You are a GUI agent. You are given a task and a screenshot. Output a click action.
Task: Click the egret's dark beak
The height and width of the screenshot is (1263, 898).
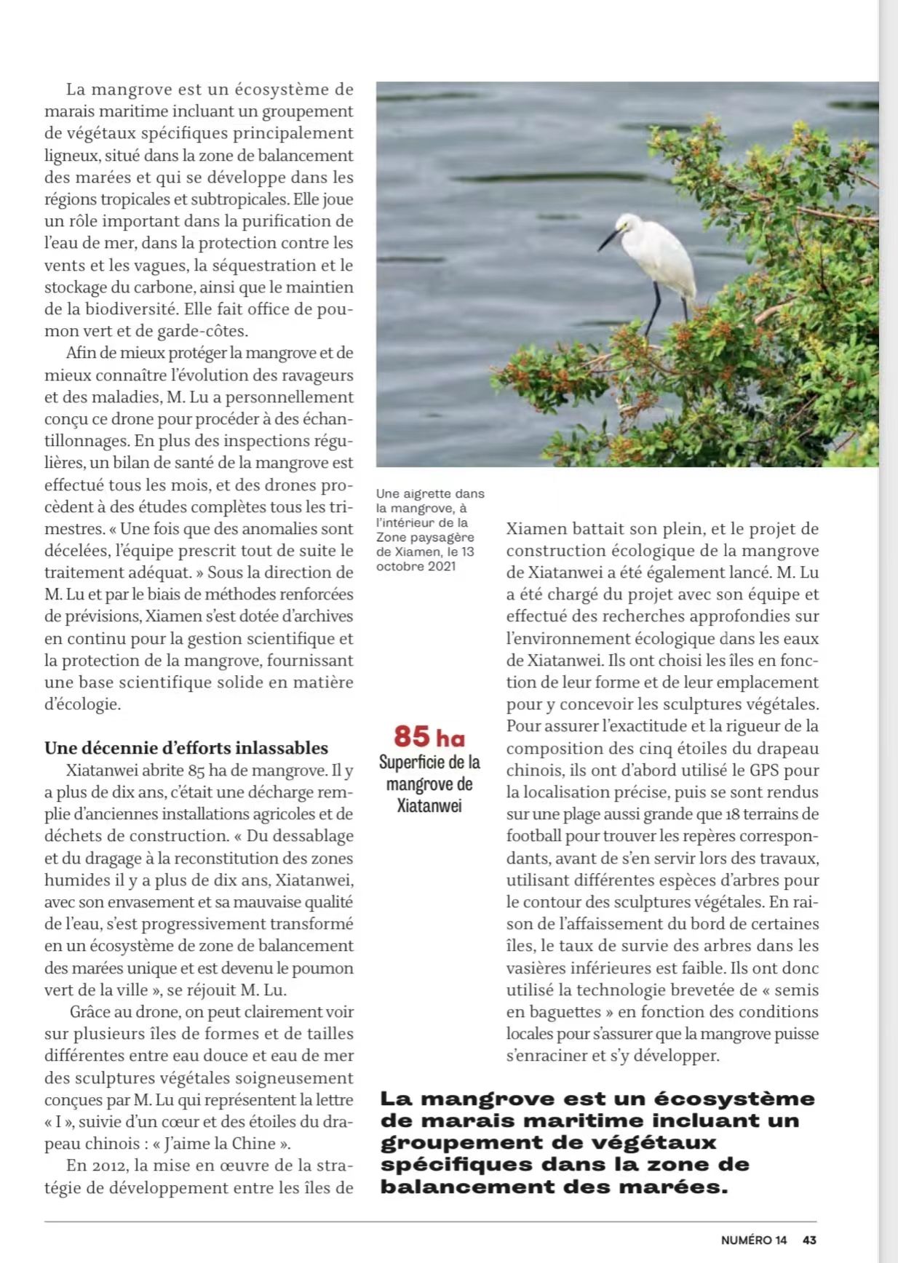click(x=609, y=239)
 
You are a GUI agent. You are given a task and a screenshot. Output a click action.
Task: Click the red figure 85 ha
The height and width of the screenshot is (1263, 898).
click(x=429, y=736)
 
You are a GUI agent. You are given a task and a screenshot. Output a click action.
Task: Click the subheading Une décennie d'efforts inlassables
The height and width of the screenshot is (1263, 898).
click(x=186, y=748)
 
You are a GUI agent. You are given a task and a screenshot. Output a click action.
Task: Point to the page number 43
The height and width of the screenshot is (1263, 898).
click(x=809, y=1240)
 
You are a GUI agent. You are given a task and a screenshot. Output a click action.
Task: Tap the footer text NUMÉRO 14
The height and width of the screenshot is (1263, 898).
click(x=754, y=1240)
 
